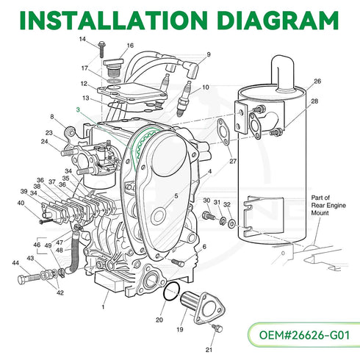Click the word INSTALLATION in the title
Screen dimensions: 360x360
(x=113, y=20)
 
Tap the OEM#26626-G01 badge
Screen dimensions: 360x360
(x=304, y=335)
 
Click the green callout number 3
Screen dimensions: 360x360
(x=78, y=109)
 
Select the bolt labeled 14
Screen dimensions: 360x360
(x=101, y=49)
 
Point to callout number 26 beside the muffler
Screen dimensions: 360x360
(x=317, y=82)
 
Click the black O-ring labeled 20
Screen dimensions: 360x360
(x=172, y=291)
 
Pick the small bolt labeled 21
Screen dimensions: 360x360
(x=217, y=328)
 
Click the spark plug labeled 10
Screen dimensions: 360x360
(x=184, y=99)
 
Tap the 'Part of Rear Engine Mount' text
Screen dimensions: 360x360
(x=328, y=205)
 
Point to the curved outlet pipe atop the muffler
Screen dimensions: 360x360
(x=281, y=73)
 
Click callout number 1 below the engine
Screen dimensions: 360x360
(x=103, y=307)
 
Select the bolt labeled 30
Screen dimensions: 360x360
(x=209, y=215)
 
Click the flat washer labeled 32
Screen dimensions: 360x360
(x=231, y=223)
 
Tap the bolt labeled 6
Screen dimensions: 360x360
(x=178, y=263)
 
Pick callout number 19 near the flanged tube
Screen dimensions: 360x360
(x=180, y=330)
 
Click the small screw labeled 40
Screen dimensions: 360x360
(x=46, y=221)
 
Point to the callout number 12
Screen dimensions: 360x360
(x=84, y=84)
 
